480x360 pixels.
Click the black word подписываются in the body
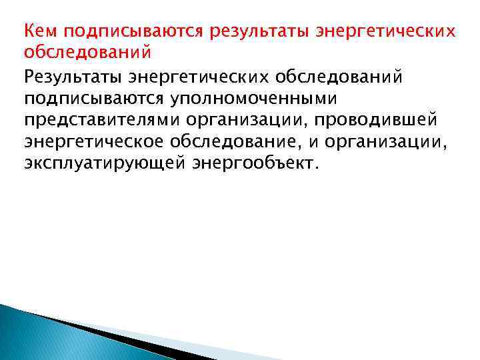click(95, 101)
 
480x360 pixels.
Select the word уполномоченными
click(255, 101)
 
